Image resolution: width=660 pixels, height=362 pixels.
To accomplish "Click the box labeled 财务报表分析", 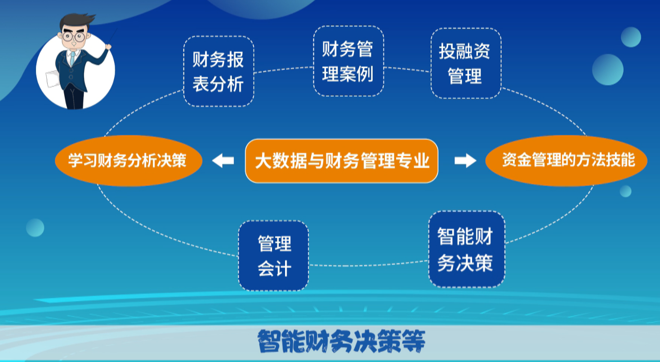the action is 219,72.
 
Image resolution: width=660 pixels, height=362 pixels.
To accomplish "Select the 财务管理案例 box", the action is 348,61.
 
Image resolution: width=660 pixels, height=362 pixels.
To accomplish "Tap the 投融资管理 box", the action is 466,63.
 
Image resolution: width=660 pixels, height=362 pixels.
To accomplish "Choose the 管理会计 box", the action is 273,255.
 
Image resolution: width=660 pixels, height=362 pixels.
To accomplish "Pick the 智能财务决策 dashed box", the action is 467,249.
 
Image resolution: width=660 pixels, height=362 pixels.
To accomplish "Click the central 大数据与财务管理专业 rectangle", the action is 342,161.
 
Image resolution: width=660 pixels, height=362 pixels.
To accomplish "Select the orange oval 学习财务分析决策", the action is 129,161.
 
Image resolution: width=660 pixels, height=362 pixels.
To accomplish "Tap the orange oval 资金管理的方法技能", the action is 566,161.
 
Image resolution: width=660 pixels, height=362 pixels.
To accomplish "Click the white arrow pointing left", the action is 223,161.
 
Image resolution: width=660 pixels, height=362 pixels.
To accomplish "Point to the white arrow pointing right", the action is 465,161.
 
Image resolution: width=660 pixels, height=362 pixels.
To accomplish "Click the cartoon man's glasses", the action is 74,37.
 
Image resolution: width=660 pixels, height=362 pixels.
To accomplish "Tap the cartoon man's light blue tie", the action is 72,58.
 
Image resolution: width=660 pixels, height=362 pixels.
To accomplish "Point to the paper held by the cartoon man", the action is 53,79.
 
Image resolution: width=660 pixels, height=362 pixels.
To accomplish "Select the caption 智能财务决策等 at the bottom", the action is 342,341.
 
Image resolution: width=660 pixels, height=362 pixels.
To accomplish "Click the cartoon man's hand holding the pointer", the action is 108,46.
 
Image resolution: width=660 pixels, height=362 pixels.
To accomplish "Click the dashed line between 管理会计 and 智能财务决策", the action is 369,264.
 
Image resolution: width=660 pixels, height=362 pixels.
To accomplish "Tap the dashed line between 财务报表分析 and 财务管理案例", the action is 284,70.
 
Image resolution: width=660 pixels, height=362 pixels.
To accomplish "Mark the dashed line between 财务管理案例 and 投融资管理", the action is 407,69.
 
